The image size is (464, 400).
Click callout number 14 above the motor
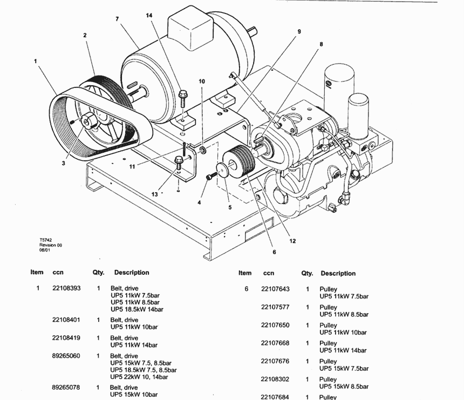tap(149, 16)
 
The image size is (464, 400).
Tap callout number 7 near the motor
tap(117, 19)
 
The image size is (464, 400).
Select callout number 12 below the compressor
tap(292, 241)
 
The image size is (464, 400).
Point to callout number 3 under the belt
tap(63, 163)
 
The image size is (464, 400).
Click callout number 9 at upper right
tap(299, 32)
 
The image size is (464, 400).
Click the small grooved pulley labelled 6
tap(239, 162)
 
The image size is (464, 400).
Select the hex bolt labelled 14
tap(182, 99)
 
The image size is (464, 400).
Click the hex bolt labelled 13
tap(179, 163)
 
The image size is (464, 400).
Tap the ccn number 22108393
tap(66, 288)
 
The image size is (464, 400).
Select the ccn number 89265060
tap(66, 356)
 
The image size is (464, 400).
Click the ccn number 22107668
tap(275, 343)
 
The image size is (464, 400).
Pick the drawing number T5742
tap(45, 240)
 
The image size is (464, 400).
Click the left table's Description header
tap(132, 273)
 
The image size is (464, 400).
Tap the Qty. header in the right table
tap(307, 274)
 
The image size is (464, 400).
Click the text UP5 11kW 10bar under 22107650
tap(343, 333)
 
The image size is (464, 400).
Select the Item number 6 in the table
tap(246, 289)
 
